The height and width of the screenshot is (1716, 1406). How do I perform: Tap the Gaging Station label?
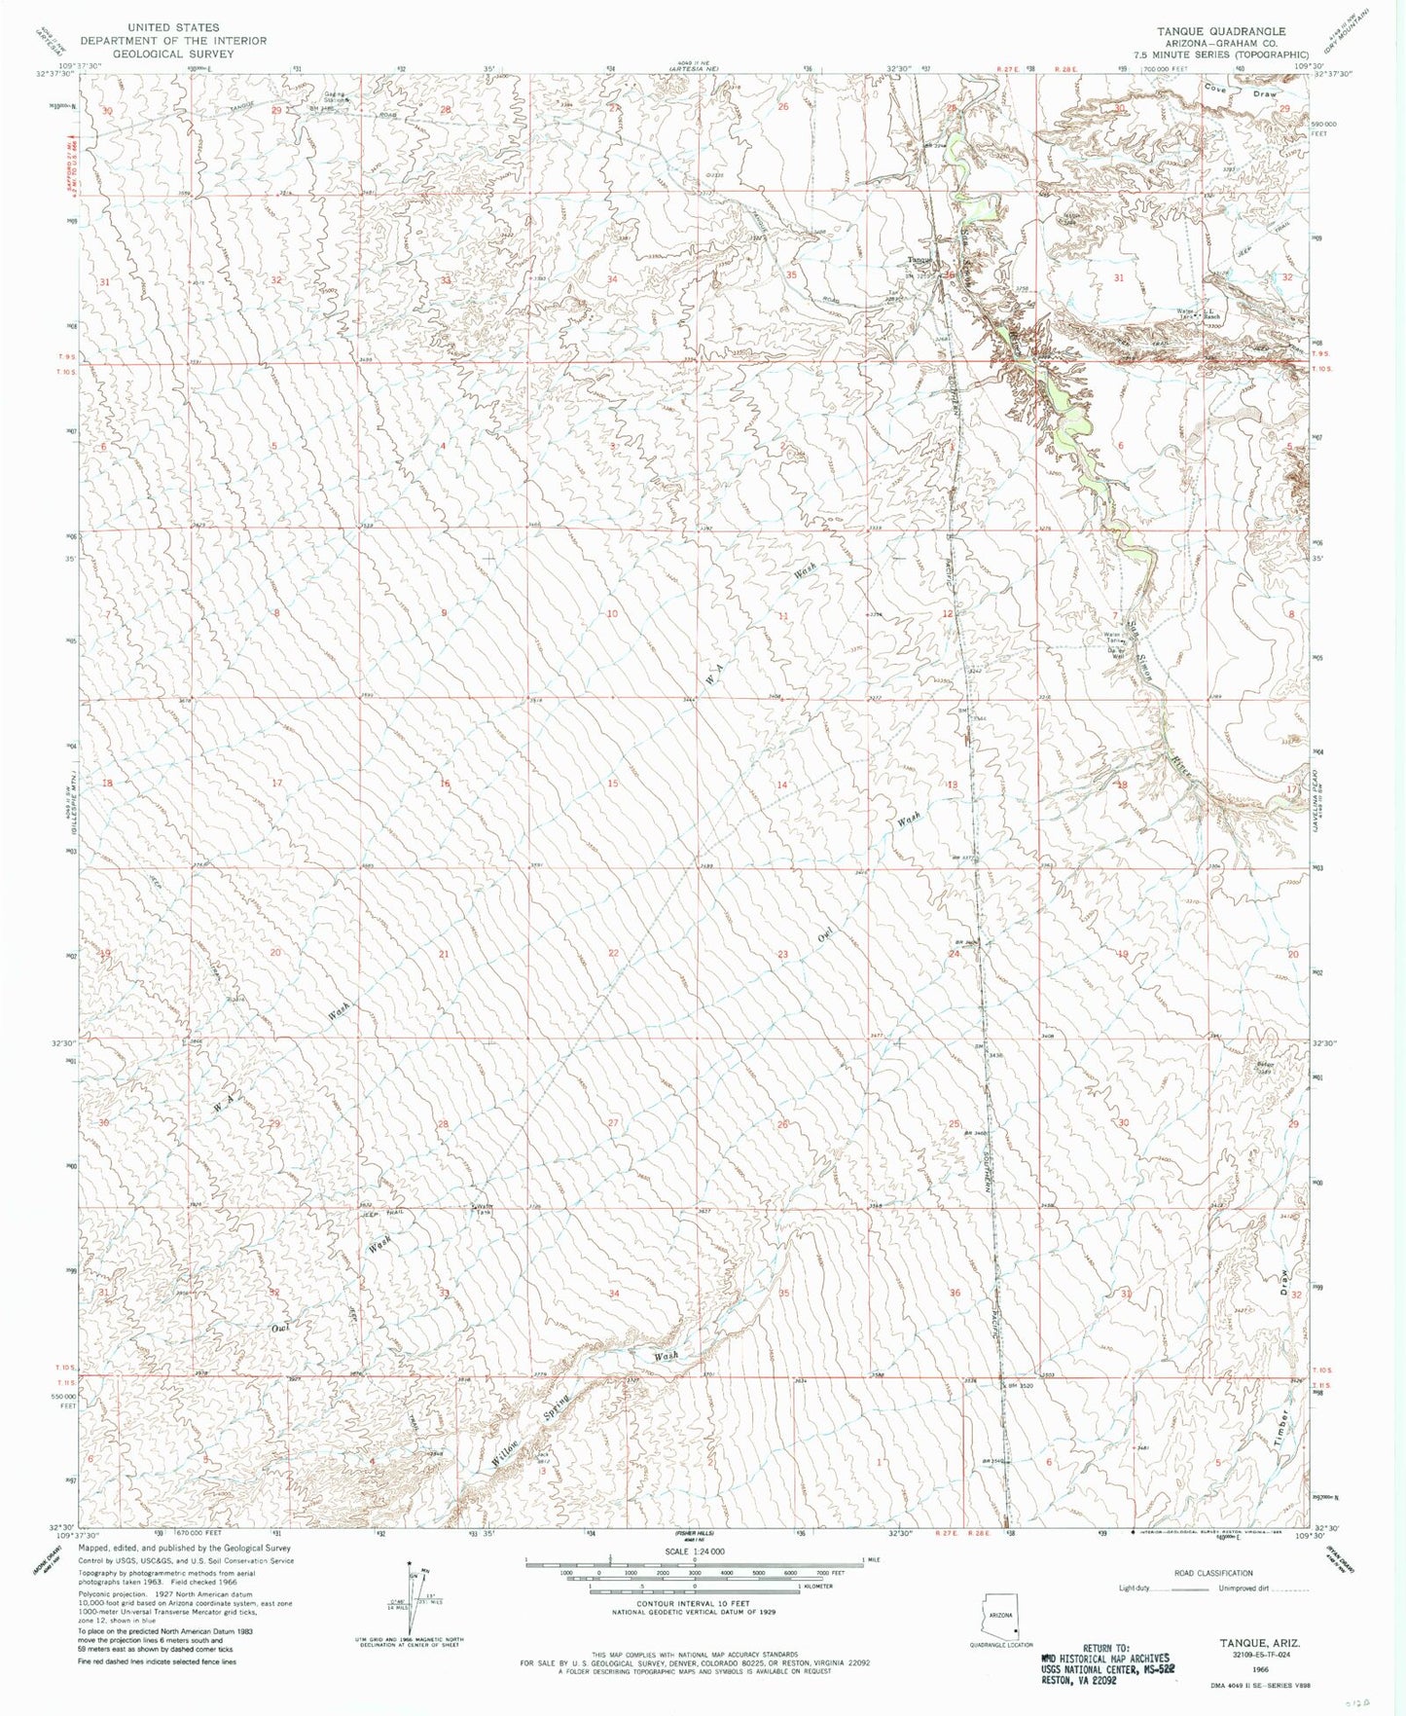pos(337,97)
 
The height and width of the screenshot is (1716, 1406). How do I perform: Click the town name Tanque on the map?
pos(919,260)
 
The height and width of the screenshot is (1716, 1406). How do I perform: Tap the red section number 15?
pos(612,784)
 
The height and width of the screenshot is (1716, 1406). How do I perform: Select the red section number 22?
pos(613,953)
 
